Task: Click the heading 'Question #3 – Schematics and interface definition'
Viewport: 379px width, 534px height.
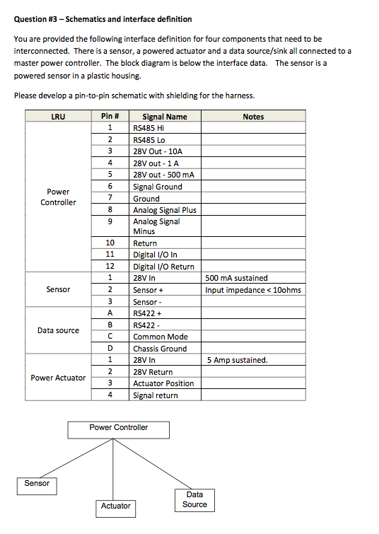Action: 103,19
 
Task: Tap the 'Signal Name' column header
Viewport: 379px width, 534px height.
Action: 165,117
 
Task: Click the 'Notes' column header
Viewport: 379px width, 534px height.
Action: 253,117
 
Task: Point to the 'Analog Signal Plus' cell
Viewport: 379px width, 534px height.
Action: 165,210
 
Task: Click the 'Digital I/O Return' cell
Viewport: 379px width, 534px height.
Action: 163,267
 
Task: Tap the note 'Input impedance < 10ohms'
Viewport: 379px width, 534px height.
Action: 253,290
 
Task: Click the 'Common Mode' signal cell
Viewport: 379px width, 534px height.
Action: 161,337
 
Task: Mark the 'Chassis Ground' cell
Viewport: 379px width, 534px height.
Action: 161,349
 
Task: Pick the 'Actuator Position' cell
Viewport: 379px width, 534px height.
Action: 163,383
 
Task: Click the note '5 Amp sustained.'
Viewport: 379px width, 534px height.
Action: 238,360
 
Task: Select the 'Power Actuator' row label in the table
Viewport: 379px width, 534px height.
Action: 58,378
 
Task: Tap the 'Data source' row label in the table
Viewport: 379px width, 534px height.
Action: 58,330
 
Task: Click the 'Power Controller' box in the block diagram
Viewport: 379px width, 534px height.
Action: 119,429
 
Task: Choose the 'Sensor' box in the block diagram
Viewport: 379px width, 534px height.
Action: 37,484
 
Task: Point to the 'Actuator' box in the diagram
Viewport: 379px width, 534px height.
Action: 116,506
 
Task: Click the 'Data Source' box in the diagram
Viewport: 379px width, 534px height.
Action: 194,499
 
